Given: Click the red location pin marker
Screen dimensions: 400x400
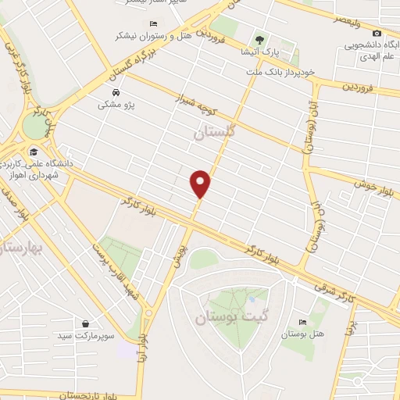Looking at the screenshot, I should tap(201, 183).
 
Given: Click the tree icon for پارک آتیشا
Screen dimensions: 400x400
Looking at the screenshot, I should tap(259, 39).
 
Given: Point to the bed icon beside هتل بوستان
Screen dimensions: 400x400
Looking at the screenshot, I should tap(302, 322).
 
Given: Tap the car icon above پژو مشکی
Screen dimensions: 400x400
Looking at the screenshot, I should tap(115, 92).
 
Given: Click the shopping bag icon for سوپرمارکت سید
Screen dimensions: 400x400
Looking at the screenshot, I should tap(84, 323).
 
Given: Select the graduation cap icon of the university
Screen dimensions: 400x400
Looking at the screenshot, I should tap(33, 152).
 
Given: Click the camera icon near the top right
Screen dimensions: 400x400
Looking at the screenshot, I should tap(377, 34).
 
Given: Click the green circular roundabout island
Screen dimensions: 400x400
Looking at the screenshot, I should tap(34, 125).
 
